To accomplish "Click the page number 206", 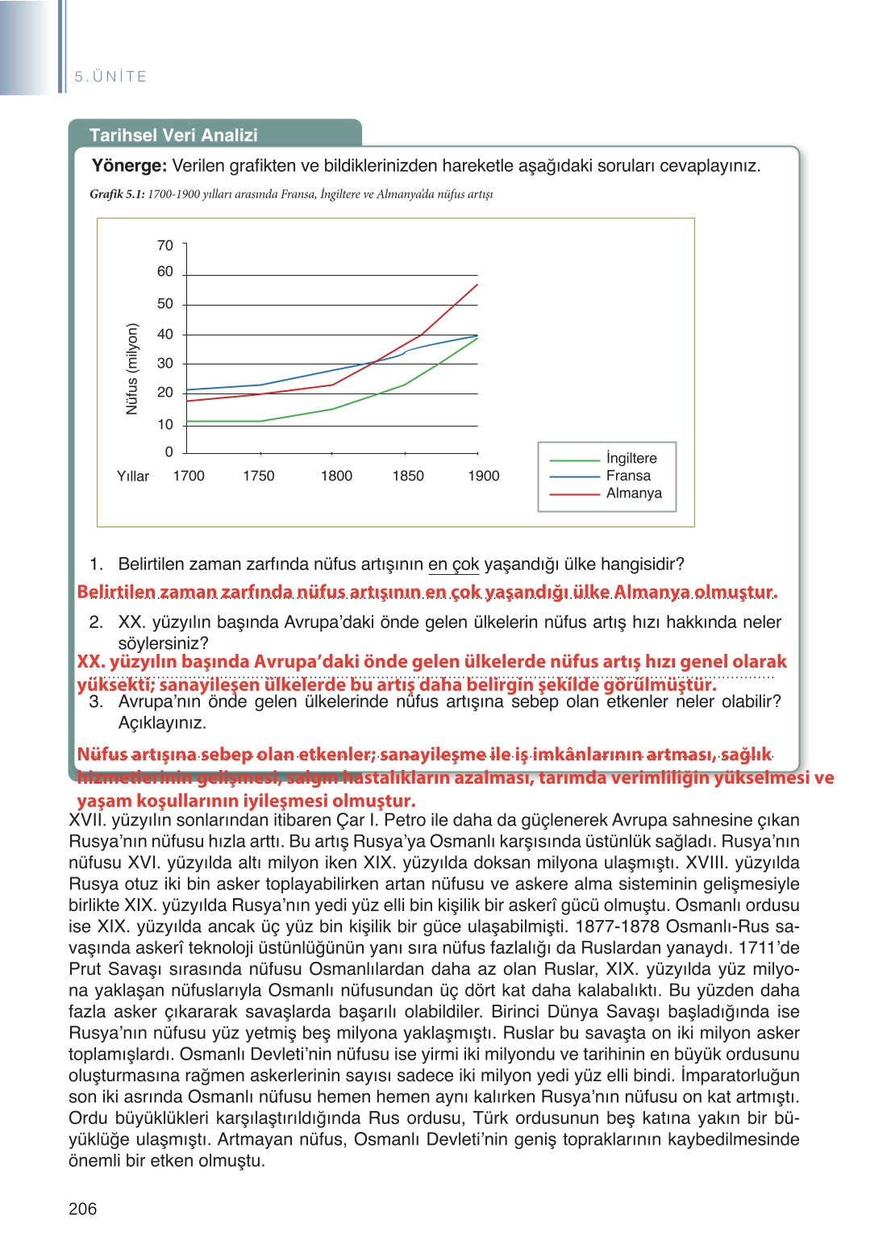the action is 82,1208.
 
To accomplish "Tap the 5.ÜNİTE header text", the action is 110,77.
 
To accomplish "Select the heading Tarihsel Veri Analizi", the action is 173,135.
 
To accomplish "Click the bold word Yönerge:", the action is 129,166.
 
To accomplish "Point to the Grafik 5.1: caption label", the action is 117,194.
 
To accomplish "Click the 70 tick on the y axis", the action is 165,245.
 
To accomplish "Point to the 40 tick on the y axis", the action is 165,334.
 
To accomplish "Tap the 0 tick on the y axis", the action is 169,452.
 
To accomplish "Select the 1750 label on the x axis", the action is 258,476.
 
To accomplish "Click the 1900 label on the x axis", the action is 483,476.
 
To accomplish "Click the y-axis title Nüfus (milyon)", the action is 133,369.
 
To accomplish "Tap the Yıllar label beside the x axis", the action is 133,477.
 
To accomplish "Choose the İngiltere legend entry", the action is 631,458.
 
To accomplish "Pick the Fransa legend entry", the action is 628,476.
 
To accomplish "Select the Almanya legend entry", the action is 634,493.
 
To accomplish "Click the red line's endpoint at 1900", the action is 477,285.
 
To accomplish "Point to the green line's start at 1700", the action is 187,421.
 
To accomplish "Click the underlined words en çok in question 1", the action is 453,564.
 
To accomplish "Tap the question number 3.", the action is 96,701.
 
